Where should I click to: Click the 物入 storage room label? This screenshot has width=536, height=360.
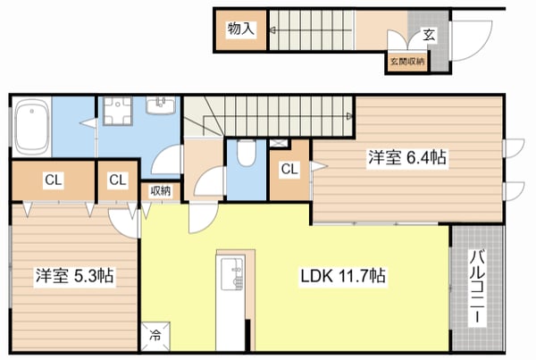241,29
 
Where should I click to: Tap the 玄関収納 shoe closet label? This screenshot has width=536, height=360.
407,62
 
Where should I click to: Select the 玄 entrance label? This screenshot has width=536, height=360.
430,35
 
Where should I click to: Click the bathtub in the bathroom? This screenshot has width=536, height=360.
32,127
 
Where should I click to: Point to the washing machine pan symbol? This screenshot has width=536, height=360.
118,111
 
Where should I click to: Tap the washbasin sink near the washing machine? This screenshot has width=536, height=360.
161,105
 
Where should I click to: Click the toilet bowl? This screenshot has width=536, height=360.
247,153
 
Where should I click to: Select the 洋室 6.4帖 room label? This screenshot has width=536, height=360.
407,157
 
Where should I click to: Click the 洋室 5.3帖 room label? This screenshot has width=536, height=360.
74,275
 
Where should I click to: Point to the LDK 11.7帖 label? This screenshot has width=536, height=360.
343,275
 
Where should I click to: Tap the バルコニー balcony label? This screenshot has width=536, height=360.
478,287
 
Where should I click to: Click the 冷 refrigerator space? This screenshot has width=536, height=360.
155,336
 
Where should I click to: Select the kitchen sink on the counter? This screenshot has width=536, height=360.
232,273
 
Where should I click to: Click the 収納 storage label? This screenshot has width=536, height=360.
160,191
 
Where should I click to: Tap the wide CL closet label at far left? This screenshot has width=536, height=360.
53,180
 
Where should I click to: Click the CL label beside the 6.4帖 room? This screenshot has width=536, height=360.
289,169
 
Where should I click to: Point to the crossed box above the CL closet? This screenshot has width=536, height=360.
280,143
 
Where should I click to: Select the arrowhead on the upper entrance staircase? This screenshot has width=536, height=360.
272,30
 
